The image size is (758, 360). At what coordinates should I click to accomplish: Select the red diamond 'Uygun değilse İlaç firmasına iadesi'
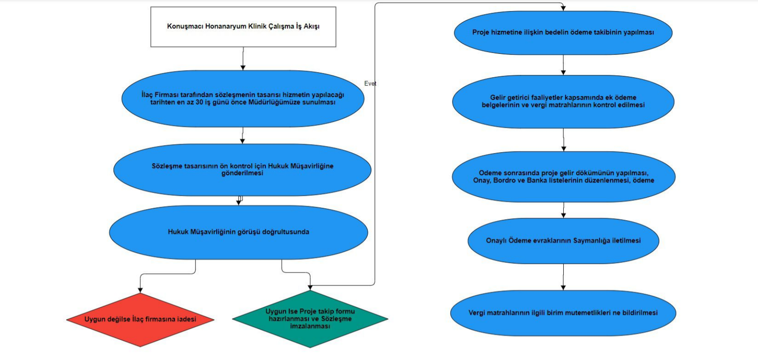click(140, 319)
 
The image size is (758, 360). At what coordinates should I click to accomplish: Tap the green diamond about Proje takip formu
click(310, 319)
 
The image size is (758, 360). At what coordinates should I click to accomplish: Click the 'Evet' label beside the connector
click(370, 83)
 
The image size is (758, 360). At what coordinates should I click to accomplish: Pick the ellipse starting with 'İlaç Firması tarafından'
click(243, 98)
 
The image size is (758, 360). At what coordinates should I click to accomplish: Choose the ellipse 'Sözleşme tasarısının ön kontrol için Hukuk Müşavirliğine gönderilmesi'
click(242, 169)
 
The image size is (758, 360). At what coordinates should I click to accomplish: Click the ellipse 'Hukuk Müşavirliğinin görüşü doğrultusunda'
click(238, 232)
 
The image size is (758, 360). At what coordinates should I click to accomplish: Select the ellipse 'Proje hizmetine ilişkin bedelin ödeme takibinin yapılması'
click(563, 33)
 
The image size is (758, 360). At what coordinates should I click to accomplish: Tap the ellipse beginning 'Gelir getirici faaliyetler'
click(563, 101)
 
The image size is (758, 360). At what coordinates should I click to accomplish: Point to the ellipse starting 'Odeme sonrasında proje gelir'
click(563, 176)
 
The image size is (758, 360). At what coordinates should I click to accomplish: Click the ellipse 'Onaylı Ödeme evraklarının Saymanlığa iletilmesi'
click(563, 240)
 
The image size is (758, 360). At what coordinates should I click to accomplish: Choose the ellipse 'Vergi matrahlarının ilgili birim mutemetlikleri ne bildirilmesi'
click(563, 313)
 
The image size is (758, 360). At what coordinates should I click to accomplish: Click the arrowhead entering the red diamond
click(140, 290)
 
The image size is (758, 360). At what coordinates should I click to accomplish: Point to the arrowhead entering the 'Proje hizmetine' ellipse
click(563, 8)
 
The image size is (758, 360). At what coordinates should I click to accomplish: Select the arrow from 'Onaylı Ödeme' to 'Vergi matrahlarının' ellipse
click(563, 277)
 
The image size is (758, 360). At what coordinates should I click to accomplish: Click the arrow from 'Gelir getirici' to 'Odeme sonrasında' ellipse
click(563, 140)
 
